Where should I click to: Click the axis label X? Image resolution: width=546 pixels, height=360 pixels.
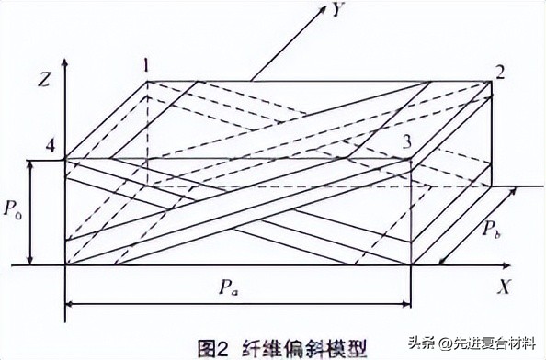pos(503,287)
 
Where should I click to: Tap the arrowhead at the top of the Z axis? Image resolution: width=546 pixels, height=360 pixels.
pos(65,63)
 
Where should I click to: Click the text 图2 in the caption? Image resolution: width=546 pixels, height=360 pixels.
pos(215,347)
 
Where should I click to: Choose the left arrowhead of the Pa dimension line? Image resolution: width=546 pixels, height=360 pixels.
pos(70,302)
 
